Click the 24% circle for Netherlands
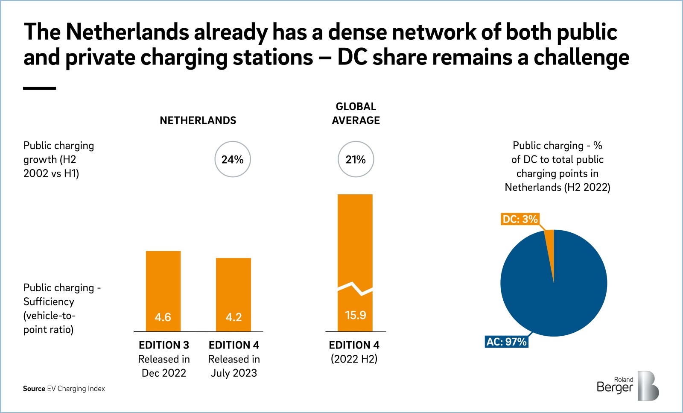point(232,159)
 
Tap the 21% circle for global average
point(356,159)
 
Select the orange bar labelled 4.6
point(163,291)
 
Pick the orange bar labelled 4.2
point(234,294)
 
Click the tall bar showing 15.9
point(355,239)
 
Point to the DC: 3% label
point(520,219)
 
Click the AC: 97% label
point(507,342)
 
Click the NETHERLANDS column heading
point(198,120)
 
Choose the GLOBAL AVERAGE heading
point(356,114)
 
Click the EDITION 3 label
point(164,345)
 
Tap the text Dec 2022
point(164,373)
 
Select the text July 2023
point(234,373)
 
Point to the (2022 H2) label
point(354,359)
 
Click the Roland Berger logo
point(628,386)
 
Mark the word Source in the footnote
point(34,389)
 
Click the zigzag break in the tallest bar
point(355,288)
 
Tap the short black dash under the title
point(39,88)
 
